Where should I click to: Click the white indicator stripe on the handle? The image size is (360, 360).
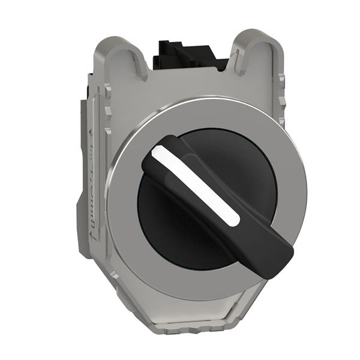(x=195, y=187)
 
